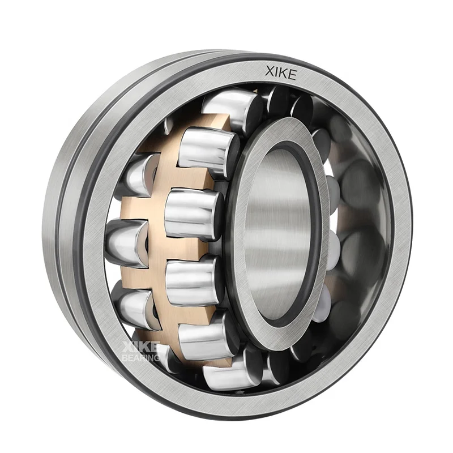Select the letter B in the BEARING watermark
pyautogui.click(x=125, y=358)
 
